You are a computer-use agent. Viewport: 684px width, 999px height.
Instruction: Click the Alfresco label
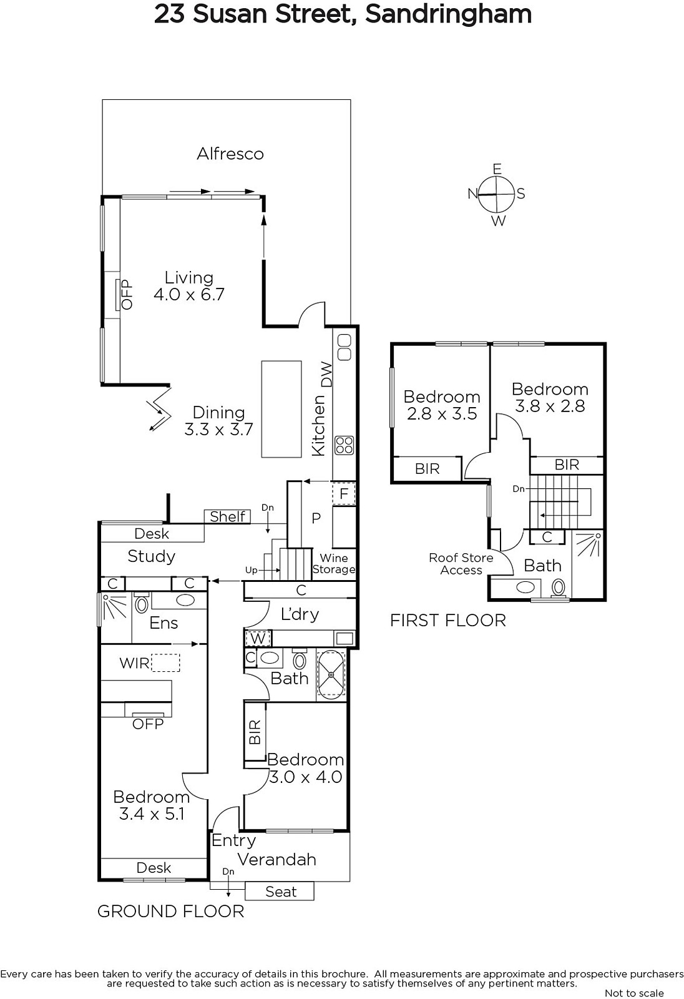[x=230, y=154]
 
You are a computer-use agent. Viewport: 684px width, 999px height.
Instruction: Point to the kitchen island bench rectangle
[x=281, y=409]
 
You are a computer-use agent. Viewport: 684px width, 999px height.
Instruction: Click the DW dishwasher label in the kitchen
[x=327, y=374]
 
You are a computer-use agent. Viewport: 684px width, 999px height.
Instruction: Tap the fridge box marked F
[x=344, y=493]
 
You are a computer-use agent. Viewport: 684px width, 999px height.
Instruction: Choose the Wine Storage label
[x=333, y=564]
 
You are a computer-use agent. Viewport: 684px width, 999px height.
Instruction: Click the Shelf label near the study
[x=227, y=516]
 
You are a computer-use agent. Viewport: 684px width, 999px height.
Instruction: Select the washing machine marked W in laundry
[x=258, y=639]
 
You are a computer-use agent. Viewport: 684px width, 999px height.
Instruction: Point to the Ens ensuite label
[x=164, y=623]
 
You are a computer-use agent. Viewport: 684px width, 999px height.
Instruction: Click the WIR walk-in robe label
[x=134, y=663]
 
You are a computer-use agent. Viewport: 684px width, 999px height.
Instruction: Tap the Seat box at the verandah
[x=280, y=892]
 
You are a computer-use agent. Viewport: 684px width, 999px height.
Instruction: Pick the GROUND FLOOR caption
[x=171, y=912]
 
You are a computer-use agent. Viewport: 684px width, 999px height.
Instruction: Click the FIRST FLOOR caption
[x=448, y=621]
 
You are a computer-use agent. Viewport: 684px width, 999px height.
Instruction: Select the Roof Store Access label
[x=461, y=564]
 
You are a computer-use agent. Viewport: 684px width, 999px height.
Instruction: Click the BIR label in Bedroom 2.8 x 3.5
[x=427, y=469]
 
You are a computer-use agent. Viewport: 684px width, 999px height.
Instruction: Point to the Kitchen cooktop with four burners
[x=344, y=445]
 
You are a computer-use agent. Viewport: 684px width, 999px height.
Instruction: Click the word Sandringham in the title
[x=449, y=15]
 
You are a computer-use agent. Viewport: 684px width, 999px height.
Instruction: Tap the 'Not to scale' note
[x=634, y=993]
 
